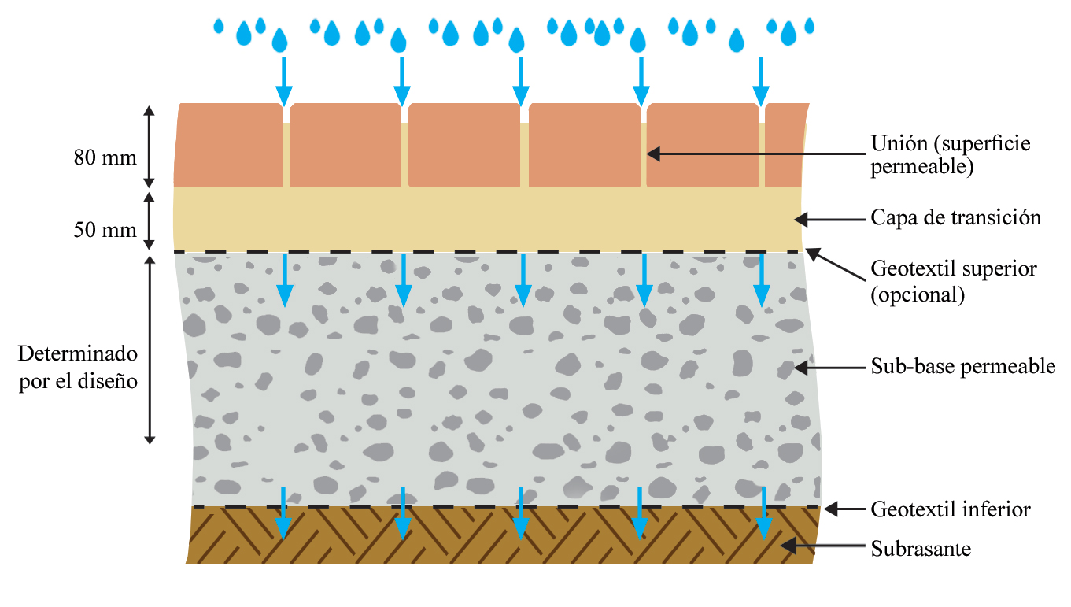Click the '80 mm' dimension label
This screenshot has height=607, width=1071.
click(105, 157)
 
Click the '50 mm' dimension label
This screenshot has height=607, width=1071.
click(105, 231)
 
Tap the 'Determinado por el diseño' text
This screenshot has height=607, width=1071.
click(78, 366)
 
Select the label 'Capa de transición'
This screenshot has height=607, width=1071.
click(955, 217)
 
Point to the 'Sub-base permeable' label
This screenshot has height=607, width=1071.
click(962, 366)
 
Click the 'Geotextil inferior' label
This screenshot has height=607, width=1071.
click(950, 509)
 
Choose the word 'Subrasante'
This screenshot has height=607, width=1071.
click(921, 549)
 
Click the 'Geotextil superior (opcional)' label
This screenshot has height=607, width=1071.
click(953, 281)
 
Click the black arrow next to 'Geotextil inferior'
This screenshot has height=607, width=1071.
click(843, 509)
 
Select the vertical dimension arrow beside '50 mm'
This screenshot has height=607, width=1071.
click(149, 219)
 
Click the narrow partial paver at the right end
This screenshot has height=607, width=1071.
click(785, 145)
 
